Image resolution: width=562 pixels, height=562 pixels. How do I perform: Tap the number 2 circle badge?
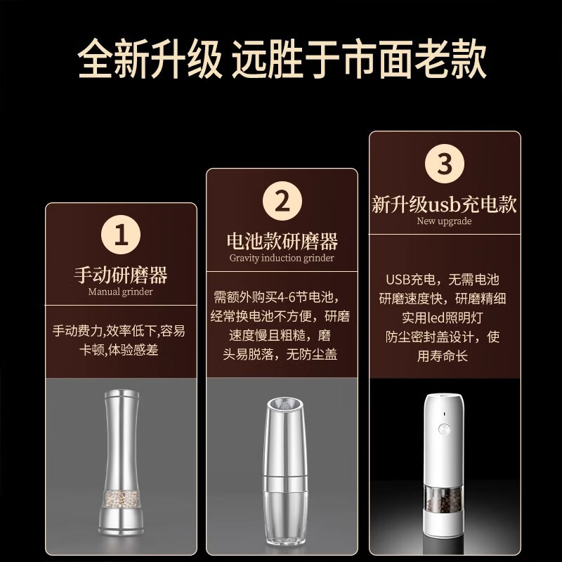282,202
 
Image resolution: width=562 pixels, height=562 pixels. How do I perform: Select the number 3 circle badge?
445,164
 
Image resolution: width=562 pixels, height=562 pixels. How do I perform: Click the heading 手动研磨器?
121,274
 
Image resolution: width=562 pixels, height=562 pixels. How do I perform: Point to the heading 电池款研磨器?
282,242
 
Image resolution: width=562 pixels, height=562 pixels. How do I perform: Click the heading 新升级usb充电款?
445,204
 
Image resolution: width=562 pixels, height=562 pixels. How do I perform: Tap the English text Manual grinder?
121,292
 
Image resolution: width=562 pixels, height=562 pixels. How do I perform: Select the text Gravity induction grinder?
282,258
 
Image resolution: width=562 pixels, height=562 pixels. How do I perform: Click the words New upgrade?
445,221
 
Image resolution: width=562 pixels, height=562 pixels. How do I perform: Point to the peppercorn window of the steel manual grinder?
121,499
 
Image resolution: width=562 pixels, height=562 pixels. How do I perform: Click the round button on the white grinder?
444,428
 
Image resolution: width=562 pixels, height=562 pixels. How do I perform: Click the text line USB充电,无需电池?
445,279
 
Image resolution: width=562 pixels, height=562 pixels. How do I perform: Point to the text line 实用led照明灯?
445,318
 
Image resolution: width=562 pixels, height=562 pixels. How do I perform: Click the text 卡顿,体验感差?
121,349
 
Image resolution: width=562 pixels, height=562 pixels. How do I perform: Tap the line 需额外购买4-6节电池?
282,296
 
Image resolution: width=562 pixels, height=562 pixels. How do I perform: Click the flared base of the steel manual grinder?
121,523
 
